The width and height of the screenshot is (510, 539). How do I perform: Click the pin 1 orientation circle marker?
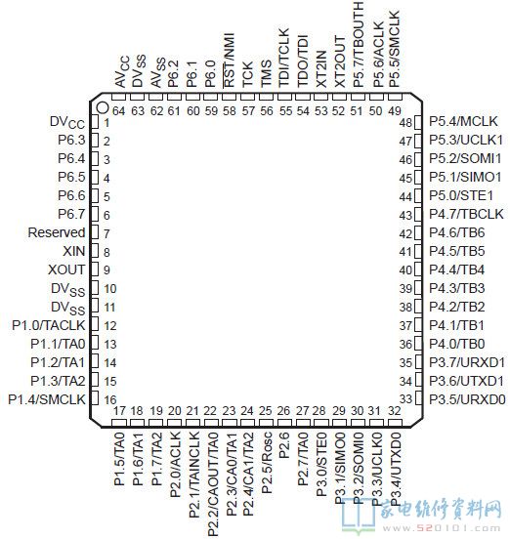[103, 107]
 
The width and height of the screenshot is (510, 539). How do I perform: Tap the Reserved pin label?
[57, 232]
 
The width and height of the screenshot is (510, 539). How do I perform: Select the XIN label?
[74, 251]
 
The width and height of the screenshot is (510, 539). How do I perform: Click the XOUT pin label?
[66, 269]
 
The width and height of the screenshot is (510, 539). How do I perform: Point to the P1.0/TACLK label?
[49, 325]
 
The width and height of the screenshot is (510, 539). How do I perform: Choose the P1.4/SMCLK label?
[47, 399]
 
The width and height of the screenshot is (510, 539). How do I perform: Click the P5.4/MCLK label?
[463, 121]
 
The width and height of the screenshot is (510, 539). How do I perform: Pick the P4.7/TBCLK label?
[466, 214]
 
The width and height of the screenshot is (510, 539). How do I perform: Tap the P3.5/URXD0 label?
[467, 399]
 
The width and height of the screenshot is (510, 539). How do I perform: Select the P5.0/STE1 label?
[461, 195]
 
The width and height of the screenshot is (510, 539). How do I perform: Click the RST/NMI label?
[229, 61]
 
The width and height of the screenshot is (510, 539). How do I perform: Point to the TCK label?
[247, 74]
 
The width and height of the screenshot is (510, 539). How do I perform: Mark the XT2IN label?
[321, 69]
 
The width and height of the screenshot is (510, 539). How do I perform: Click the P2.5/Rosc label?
[267, 463]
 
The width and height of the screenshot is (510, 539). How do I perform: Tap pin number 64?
[118, 111]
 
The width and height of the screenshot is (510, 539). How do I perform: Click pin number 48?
[405, 123]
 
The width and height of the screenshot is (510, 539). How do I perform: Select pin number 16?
[110, 400]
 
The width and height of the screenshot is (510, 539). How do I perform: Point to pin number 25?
[266, 411]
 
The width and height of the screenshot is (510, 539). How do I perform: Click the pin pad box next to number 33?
[418, 398]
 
